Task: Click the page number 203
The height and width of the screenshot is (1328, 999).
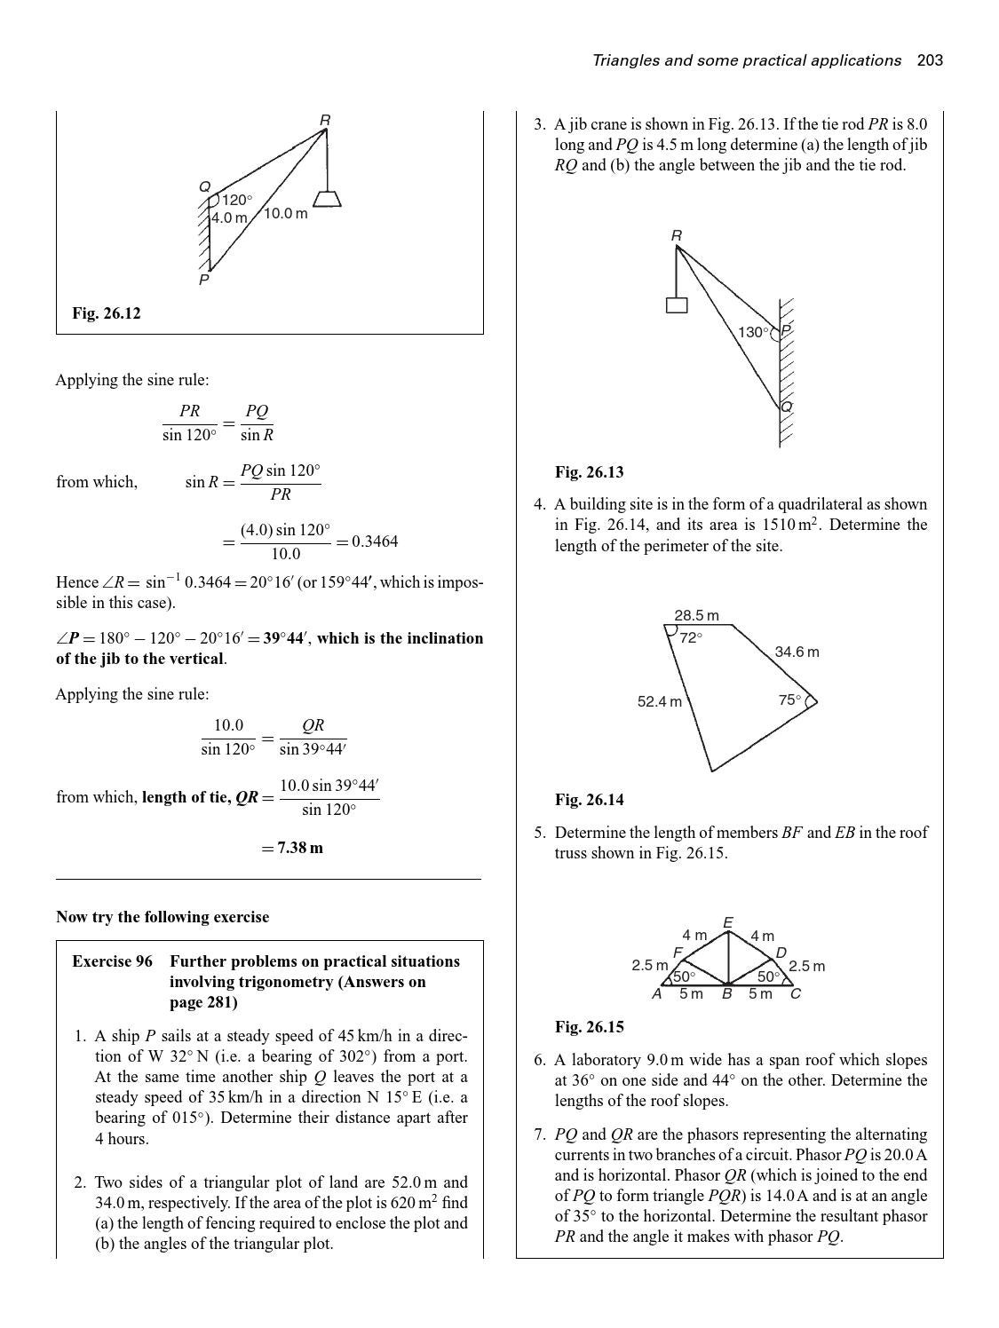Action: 930,60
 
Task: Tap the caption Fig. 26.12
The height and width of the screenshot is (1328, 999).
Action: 107,313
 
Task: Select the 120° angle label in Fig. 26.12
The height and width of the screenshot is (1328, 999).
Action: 236,200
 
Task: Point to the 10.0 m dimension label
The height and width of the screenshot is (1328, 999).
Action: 286,214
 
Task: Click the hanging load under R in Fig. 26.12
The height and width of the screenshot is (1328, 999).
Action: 328,198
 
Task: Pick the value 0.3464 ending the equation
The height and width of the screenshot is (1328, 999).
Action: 375,541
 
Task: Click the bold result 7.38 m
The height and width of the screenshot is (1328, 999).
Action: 300,848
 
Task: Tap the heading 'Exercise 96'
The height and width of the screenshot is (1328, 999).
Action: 112,961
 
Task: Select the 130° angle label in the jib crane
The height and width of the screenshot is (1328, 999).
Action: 752,332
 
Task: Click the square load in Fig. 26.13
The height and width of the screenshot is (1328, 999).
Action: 677,305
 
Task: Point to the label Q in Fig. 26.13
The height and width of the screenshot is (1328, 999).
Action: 786,407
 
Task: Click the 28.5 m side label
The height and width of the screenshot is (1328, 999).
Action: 696,615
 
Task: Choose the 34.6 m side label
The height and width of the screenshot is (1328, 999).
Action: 797,652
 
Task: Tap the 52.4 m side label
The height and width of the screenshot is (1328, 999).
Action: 660,702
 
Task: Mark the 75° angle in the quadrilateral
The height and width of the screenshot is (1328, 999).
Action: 789,700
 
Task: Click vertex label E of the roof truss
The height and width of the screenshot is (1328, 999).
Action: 728,923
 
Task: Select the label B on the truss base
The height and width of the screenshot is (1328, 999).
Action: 726,994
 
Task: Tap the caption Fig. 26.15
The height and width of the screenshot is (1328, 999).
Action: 590,1027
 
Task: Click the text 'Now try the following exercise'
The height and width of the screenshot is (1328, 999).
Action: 163,917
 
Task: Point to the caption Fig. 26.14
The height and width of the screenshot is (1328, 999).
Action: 590,800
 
